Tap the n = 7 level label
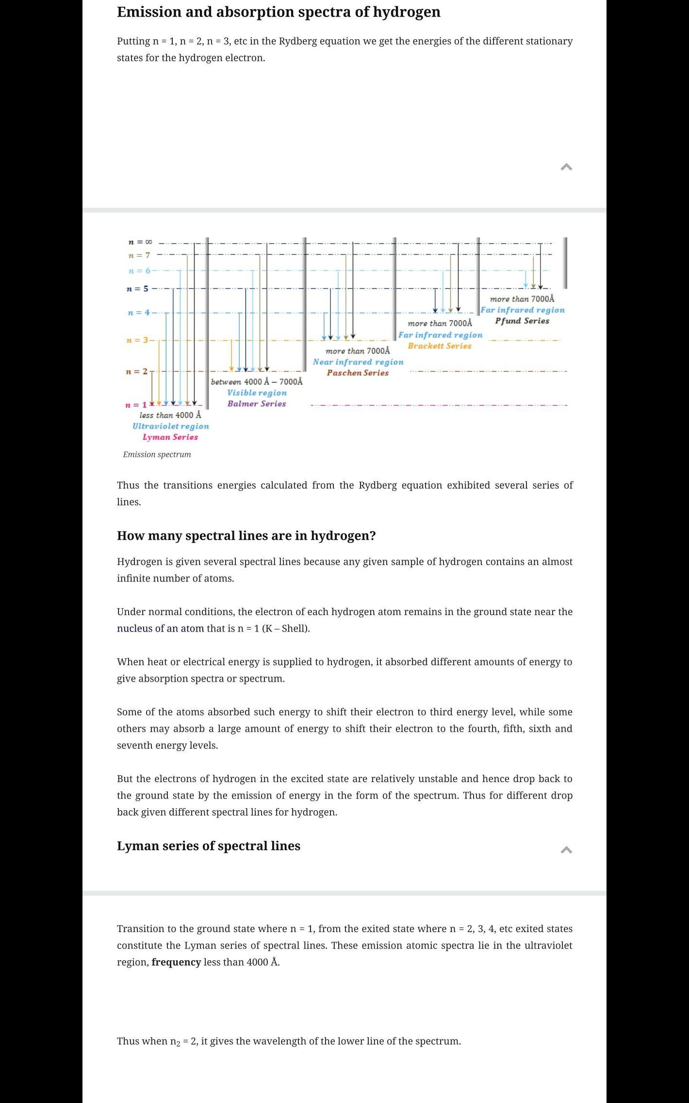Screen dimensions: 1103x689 click(139, 255)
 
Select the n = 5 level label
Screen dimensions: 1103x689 click(137, 289)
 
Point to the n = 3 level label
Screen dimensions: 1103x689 click(137, 340)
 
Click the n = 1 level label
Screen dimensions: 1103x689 click(136, 405)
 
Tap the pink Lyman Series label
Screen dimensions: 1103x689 click(170, 437)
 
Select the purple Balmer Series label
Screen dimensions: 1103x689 click(257, 403)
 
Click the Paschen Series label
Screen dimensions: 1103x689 click(358, 373)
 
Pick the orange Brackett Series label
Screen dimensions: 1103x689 click(440, 346)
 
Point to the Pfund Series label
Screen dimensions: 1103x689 click(522, 321)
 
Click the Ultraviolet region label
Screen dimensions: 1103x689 click(171, 426)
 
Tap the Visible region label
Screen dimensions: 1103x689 click(257, 393)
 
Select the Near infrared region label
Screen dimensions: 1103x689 click(358, 362)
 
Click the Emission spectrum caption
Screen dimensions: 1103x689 click(157, 454)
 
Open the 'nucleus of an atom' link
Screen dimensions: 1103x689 click(160, 628)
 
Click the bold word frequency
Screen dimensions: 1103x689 click(176, 962)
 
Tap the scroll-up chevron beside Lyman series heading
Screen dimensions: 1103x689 click(566, 850)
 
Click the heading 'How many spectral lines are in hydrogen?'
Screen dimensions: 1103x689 click(246, 535)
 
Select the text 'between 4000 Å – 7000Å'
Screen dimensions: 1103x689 click(257, 382)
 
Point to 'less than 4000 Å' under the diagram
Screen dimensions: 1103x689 click(170, 415)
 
